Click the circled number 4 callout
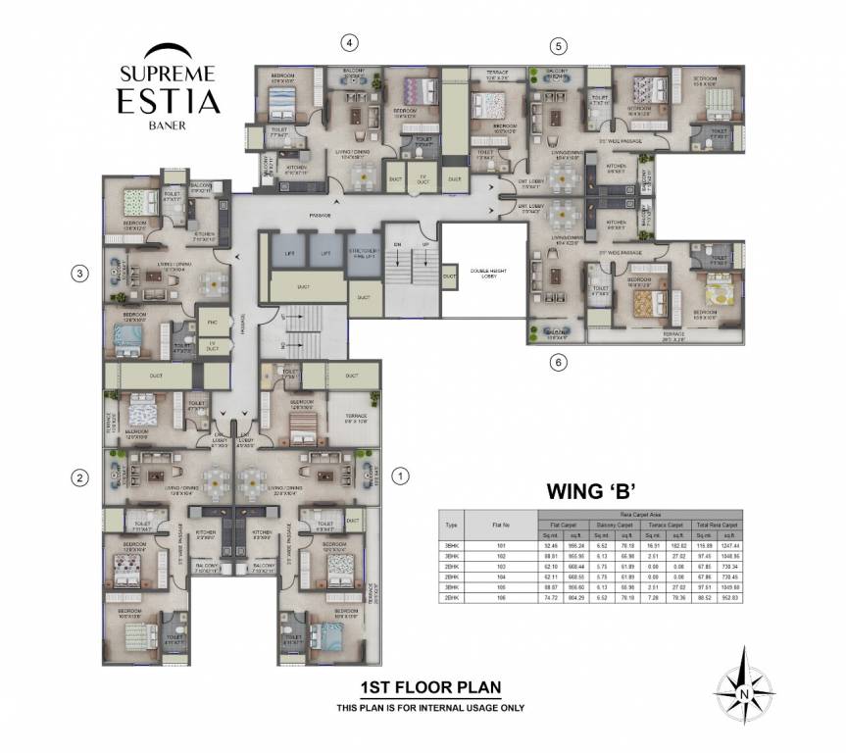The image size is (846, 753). click(348, 42)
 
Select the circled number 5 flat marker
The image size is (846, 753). click(558, 46)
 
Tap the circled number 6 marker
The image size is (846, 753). click(558, 363)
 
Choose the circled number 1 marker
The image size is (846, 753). click(399, 477)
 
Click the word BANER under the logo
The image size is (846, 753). click(168, 125)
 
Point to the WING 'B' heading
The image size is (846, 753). click(586, 490)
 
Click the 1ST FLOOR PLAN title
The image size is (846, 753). click(430, 689)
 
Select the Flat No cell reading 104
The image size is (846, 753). click(502, 578)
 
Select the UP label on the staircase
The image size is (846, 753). click(424, 245)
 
